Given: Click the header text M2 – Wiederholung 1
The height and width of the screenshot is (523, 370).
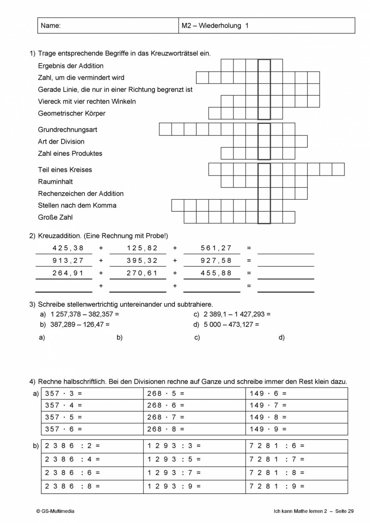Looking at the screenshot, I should point(215,26).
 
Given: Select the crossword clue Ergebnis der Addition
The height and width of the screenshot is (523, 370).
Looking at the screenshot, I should point(71,66).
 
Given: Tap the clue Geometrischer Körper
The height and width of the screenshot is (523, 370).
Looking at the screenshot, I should point(72,113).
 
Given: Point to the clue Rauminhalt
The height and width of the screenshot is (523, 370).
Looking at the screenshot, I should point(55,182).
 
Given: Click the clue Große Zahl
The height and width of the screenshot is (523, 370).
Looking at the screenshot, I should point(55,217).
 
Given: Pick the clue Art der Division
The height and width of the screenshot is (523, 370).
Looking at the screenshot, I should point(61,141).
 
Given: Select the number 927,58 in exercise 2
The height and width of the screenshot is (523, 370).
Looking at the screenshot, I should point(216,260).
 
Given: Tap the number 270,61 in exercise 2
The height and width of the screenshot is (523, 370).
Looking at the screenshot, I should point(142,273).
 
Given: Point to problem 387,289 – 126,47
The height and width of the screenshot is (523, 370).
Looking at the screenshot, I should point(74,324).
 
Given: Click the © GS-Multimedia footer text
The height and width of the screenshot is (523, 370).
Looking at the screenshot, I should point(55,511).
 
